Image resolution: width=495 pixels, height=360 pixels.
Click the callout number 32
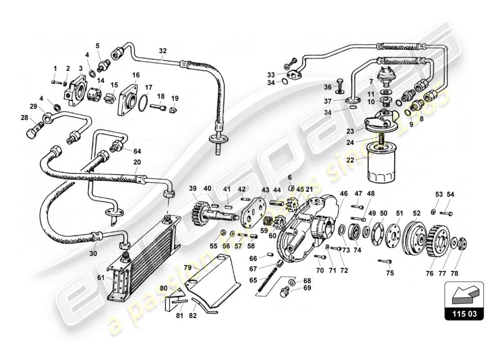162,51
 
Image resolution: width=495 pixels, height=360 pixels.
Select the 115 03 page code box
464,314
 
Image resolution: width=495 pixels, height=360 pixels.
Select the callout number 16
135,75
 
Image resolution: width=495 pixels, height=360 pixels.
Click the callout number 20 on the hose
137,162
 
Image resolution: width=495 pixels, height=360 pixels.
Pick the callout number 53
439,194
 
